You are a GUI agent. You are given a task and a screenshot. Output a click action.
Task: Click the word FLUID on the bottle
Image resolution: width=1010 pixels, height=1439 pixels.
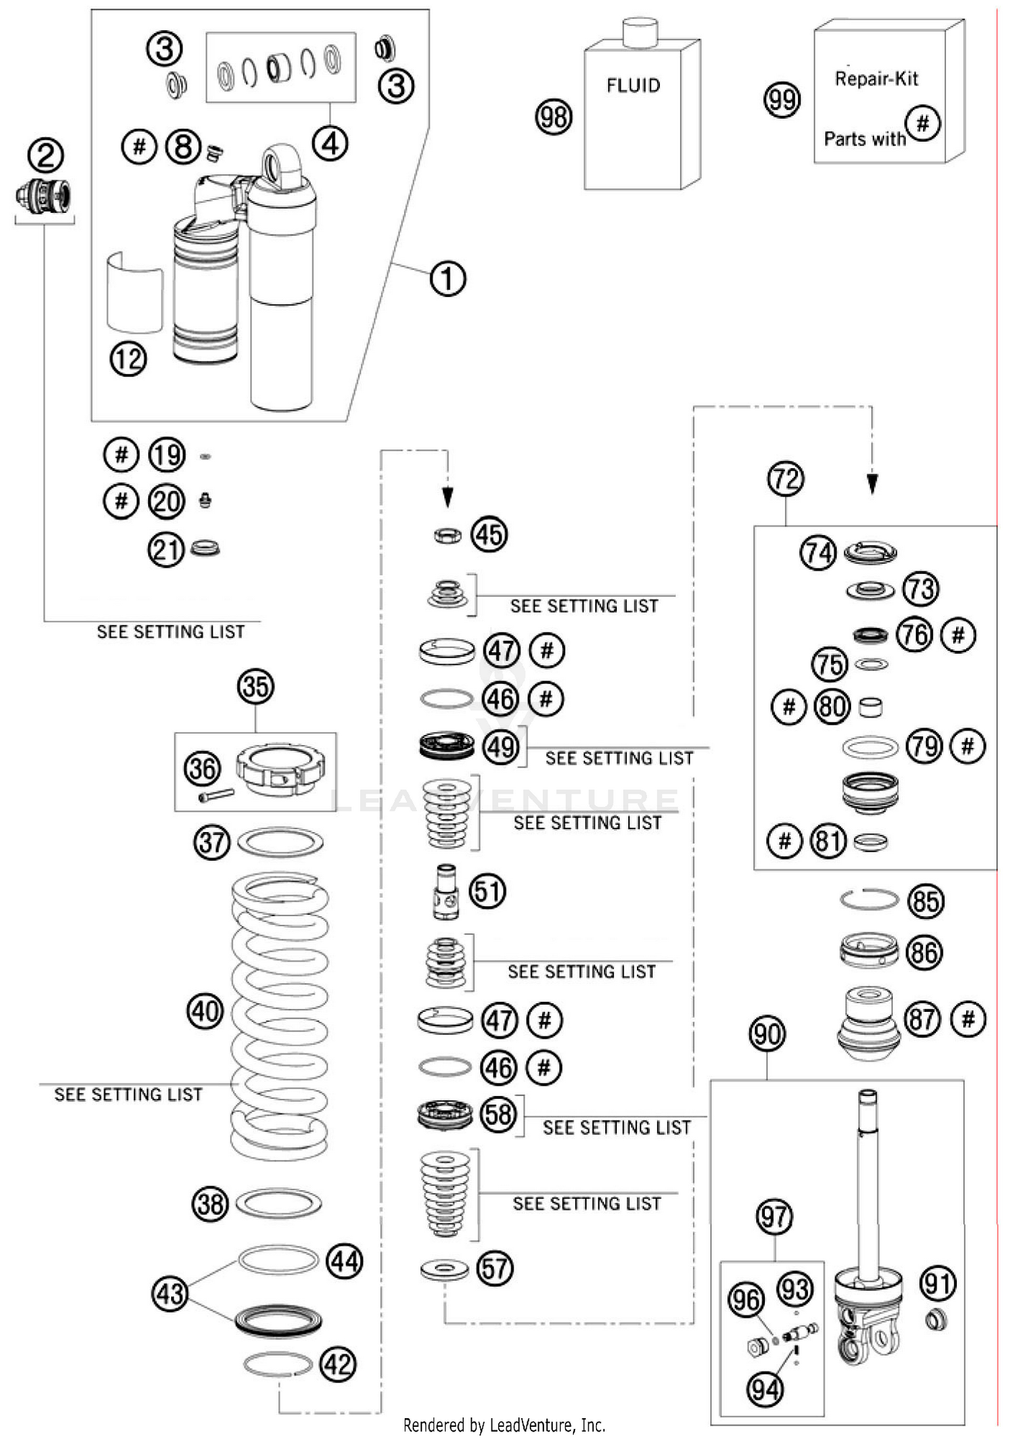pos(633,86)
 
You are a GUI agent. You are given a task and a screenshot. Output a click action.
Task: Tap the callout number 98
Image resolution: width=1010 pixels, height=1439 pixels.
pos(553,117)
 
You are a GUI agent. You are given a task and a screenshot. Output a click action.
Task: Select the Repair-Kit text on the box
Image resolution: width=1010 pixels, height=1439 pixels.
pos(876,79)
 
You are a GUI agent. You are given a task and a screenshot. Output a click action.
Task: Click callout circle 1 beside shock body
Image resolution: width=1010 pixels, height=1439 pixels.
pos(448,278)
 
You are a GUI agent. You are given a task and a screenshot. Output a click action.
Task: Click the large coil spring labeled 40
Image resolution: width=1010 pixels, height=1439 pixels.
pos(279,1017)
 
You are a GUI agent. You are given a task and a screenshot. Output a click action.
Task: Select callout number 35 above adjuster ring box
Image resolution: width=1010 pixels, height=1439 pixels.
pos(255,686)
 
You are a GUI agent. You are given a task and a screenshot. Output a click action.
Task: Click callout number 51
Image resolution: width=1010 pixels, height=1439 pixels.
pos(487,891)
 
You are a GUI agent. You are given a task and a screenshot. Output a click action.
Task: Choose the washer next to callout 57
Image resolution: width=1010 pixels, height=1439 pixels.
pos(444,1269)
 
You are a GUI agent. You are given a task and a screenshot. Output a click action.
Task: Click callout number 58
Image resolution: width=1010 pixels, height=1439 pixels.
pos(498,1114)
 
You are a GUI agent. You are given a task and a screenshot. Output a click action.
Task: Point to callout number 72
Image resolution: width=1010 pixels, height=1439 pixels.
pos(785,479)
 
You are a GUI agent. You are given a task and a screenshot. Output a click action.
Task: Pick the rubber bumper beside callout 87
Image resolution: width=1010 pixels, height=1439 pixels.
pos(869,1023)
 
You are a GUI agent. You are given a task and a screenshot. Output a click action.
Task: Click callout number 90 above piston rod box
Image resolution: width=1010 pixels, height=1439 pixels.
pos(767,1034)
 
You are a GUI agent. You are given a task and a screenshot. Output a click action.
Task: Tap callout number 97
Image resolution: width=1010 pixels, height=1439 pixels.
pos(774,1217)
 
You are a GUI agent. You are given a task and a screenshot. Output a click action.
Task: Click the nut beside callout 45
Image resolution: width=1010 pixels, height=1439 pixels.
pos(447,536)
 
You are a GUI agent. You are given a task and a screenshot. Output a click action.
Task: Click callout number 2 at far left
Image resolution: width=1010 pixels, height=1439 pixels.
pos(45,156)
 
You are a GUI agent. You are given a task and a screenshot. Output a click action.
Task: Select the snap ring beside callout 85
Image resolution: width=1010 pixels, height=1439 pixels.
pos(869,898)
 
